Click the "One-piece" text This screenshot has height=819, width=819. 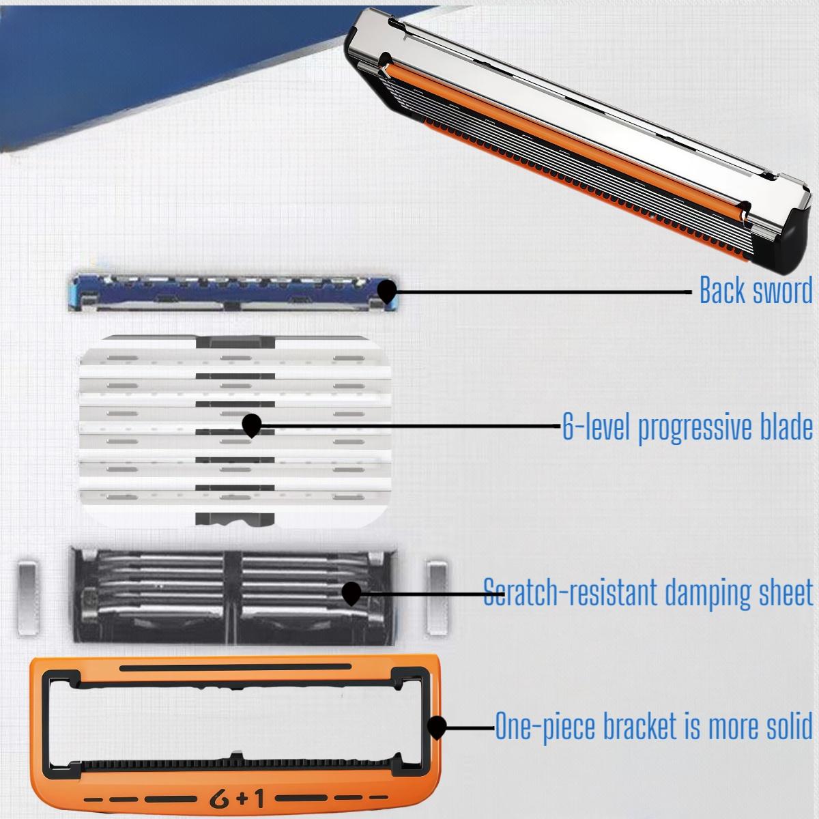(543, 726)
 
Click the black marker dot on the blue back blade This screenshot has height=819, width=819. (388, 291)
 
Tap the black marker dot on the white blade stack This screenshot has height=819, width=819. (252, 425)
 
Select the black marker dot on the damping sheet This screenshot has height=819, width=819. (351, 592)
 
